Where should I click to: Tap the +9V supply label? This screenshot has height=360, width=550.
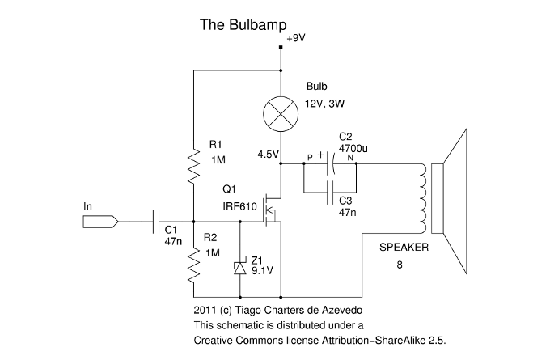tap(296, 38)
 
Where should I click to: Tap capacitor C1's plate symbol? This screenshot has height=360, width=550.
tap(158, 220)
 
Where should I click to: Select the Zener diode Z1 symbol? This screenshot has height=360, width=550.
tap(239, 268)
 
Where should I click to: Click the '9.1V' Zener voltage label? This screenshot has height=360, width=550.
tap(264, 273)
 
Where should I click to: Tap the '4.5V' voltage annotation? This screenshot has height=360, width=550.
tap(268, 154)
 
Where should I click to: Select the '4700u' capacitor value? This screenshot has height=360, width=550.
tap(353, 149)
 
